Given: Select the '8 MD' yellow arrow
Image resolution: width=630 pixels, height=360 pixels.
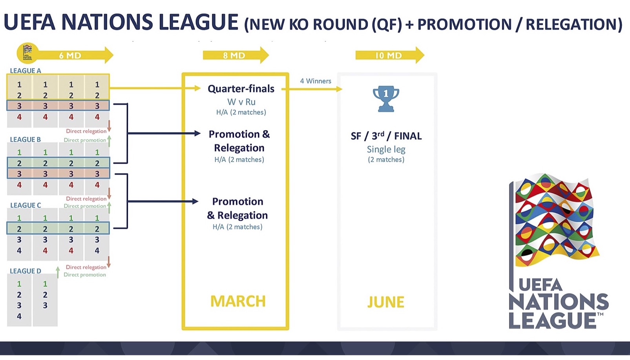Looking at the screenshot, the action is coord(236,55).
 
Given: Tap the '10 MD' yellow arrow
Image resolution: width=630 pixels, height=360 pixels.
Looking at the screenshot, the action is coord(390,55).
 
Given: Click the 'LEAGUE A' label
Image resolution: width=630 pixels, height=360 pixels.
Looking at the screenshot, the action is coord(26,71).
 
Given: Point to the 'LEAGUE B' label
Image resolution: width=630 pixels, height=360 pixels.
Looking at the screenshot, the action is coord(25,139).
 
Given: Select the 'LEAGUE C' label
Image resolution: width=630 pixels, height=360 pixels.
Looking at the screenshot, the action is coord(26,205).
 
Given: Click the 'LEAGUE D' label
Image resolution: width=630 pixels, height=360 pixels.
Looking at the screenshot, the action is coord(26,271).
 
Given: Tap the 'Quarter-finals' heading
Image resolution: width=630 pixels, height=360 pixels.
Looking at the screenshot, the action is coord(241,89).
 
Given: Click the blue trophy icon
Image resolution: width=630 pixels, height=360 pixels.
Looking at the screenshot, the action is coord(386,99).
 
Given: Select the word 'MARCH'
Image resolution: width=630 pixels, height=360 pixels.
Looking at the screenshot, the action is coord(238,301).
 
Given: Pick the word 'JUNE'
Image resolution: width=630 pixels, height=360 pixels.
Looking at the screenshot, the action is coord(386,302).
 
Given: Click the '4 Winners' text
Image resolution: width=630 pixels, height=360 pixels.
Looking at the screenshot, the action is coord(316,81).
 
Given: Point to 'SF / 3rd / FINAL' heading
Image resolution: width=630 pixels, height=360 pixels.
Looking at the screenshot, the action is coord(386,136).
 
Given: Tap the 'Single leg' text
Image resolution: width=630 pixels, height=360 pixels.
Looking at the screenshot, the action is coord(386,149).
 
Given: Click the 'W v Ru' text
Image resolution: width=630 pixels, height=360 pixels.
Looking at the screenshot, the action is coord(241,102).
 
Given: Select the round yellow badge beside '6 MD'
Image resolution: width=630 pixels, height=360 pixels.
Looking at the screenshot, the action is coord(27,53).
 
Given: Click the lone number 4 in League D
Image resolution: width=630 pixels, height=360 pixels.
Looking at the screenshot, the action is coord(19,316).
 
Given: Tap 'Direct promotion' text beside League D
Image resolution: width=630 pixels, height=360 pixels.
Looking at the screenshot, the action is coord(85,275).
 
